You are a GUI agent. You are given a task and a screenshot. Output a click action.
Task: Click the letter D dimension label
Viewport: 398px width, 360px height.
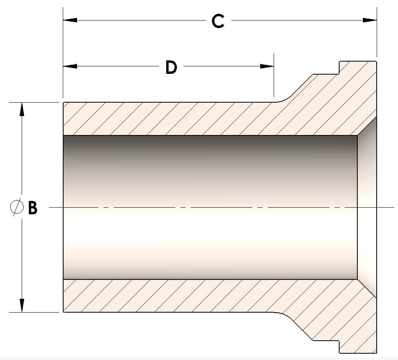[171, 67]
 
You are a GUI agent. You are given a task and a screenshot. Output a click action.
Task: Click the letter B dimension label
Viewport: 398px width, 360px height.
[33, 207]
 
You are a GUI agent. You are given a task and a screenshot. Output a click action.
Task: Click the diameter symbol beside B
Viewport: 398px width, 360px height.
[17, 207]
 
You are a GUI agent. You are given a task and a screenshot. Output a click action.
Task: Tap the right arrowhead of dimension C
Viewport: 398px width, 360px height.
[370, 20]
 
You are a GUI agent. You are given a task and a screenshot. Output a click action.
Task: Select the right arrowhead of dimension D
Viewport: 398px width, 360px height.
[267, 66]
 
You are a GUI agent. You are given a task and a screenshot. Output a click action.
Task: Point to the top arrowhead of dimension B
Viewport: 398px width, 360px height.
[22, 109]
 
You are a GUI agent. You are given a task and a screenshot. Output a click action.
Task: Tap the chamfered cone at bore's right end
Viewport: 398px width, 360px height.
[367, 207]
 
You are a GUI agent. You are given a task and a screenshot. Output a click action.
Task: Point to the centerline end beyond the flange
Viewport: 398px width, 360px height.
[389, 207]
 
